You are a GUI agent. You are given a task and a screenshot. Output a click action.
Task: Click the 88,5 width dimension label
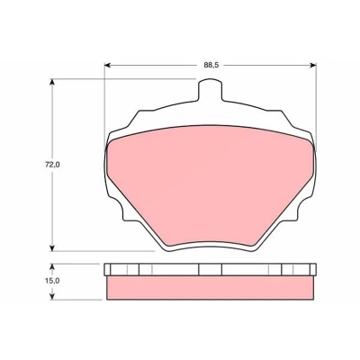[211, 65]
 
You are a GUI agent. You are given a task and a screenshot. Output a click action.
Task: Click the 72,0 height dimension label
[53, 165]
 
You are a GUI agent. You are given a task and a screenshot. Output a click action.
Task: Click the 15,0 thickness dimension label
[53, 281]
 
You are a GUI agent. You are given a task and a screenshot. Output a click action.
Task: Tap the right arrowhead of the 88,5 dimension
[313, 65]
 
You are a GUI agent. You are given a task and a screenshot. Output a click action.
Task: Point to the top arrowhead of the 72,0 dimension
[52, 83]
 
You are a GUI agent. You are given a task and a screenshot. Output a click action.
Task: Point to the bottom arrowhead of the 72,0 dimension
[52, 247]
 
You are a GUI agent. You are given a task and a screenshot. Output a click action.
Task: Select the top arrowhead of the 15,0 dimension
[52, 267]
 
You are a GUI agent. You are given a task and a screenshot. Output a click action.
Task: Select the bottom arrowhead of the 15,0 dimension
[52, 296]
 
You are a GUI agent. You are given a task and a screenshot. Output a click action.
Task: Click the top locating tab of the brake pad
[211, 89]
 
